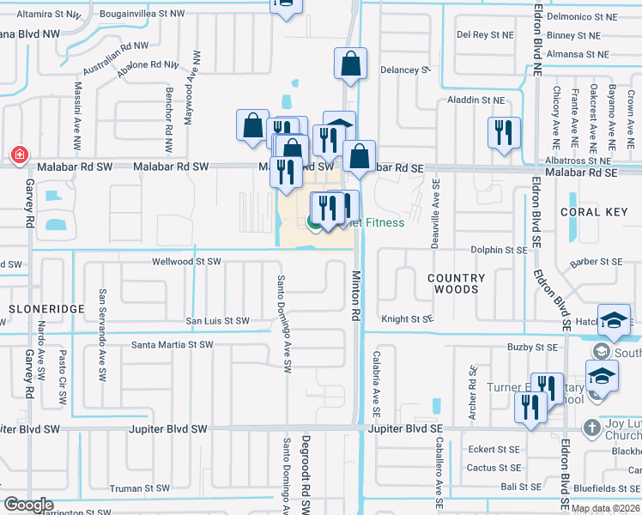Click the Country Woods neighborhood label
tap(456, 283)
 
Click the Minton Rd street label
tap(354, 296)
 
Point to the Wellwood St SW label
tap(186, 262)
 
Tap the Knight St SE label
tap(408, 318)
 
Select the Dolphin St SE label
tap(498, 250)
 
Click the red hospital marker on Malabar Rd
tap(18, 155)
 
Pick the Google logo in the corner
tap(28, 505)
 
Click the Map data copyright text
tap(605, 508)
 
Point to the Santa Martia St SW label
tap(172, 345)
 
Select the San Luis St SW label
tap(218, 321)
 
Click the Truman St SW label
tap(139, 488)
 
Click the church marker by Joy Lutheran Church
tap(591, 427)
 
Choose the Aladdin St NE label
tap(475, 100)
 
